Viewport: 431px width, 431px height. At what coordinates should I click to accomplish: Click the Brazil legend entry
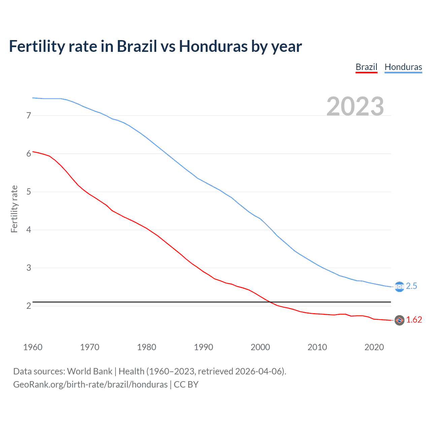(x=366, y=67)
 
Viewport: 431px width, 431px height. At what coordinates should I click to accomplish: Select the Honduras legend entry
(x=403, y=67)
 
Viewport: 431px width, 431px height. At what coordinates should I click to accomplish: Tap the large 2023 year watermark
(x=355, y=106)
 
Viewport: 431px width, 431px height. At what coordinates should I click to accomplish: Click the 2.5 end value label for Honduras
(x=411, y=286)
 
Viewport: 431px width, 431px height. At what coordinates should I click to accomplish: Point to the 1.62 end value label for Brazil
(x=414, y=320)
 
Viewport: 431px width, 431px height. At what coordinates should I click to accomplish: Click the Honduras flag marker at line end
(x=399, y=287)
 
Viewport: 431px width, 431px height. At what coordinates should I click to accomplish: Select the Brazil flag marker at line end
(x=399, y=320)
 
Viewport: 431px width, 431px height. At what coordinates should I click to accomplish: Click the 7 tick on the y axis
(x=29, y=116)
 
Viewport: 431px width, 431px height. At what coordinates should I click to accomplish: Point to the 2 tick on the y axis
(x=29, y=306)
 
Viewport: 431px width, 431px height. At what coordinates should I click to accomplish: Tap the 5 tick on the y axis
(x=29, y=192)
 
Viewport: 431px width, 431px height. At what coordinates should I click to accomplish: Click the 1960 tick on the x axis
(x=33, y=347)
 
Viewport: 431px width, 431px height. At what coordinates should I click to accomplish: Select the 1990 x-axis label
(x=203, y=347)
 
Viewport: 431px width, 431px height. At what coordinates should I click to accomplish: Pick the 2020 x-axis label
(x=374, y=347)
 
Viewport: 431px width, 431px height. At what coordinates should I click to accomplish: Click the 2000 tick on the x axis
(x=260, y=347)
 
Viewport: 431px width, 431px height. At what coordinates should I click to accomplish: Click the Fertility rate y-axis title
(x=14, y=209)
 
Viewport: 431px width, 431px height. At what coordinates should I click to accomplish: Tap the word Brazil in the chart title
(x=137, y=46)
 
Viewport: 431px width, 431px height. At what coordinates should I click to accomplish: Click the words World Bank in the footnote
(x=90, y=371)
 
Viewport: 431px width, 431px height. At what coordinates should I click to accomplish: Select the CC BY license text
(x=186, y=385)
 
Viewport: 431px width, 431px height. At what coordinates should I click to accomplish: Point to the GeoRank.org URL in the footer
(x=90, y=385)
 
